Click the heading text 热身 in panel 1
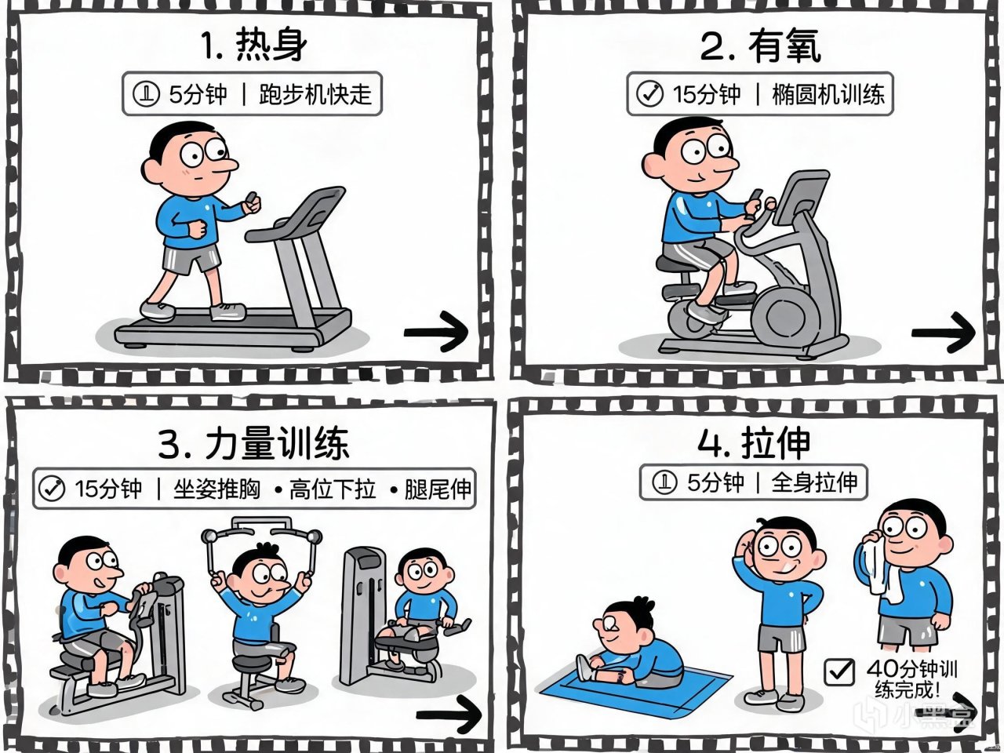click(271, 45)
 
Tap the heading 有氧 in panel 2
click(784, 47)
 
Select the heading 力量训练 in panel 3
click(277, 443)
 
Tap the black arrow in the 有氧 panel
click(943, 333)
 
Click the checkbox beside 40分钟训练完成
click(838, 671)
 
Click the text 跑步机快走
click(315, 95)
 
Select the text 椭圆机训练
click(828, 95)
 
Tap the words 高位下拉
click(333, 489)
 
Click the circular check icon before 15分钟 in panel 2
click(649, 94)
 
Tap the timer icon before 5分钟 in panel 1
click(146, 93)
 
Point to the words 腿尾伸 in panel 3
click(438, 489)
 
